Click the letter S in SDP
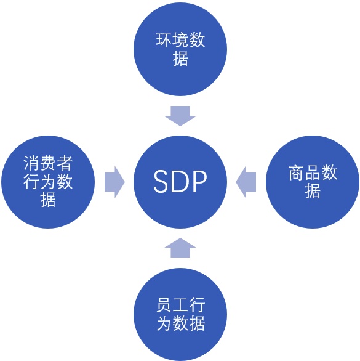click(161, 181)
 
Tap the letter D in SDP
click(179, 181)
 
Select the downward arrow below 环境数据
click(180, 116)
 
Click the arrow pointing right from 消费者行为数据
click(114, 182)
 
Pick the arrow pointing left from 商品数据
click(246, 182)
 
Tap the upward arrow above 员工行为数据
click(180, 248)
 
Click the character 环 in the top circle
click(164, 40)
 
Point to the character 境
click(180, 40)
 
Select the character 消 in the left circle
click(31, 163)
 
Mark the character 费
click(48, 163)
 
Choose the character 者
click(65, 163)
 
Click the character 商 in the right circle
click(296, 172)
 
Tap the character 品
click(313, 172)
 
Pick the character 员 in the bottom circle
click(164, 305)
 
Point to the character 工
click(180, 305)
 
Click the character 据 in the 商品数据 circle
click(313, 191)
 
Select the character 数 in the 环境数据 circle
click(197, 40)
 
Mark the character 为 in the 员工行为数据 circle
click(164, 323)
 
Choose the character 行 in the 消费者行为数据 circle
click(31, 182)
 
